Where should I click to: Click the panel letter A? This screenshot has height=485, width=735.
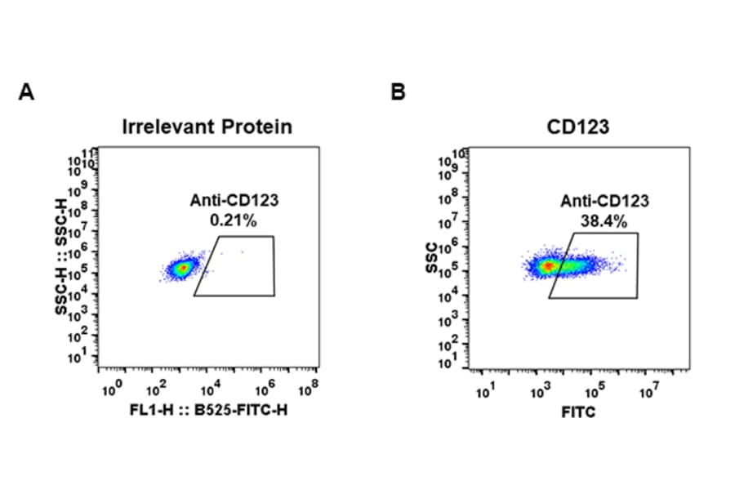click(26, 92)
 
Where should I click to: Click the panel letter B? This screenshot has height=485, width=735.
click(398, 92)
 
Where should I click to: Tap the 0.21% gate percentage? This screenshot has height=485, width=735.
click(228, 220)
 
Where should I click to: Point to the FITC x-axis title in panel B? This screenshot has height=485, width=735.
click(578, 412)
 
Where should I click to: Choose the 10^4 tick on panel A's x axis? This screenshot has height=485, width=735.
click(211, 385)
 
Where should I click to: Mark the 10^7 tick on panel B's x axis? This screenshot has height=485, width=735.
click(649, 390)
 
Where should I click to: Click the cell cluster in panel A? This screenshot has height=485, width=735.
click(181, 267)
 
